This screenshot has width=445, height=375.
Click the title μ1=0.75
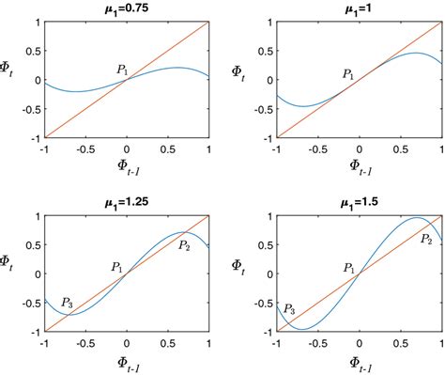point(127,8)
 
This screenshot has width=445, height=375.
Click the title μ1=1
point(360,8)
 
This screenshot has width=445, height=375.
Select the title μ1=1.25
point(127,201)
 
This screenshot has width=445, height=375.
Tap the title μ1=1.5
point(360,201)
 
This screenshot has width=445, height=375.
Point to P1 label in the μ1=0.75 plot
point(122,69)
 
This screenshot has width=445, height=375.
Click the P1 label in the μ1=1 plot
point(348,73)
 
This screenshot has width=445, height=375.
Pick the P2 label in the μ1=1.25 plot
point(184,246)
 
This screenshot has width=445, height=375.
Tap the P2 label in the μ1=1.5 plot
point(426,239)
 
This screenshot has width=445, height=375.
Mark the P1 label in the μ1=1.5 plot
point(349,268)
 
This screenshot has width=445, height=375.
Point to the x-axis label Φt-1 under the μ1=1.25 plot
point(127,358)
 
